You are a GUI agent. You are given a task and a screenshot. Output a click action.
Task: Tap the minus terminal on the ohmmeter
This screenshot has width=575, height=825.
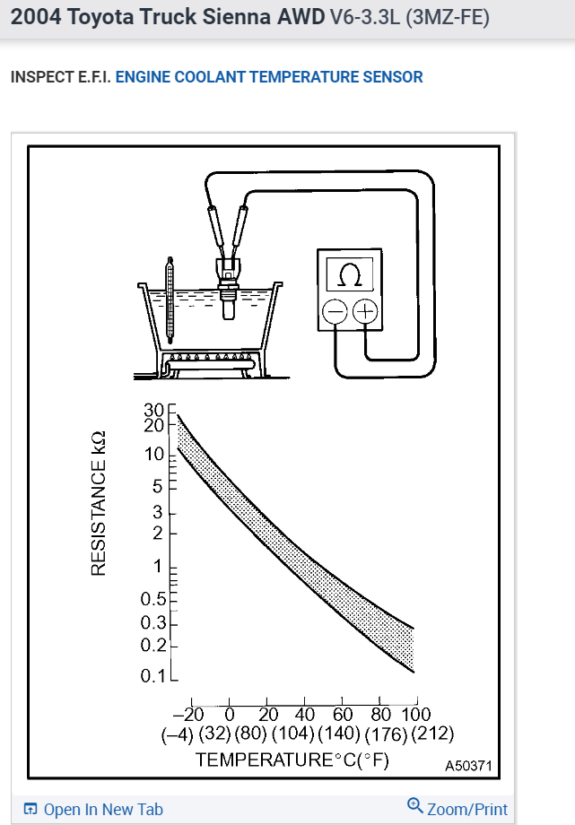coord(335,311)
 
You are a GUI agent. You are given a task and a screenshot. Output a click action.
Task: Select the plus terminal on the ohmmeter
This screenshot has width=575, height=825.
coord(365,311)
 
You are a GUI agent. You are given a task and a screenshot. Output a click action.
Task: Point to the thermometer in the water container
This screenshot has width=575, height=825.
coord(169,300)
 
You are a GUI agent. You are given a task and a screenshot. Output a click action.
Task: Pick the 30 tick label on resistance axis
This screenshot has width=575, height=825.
coord(155,411)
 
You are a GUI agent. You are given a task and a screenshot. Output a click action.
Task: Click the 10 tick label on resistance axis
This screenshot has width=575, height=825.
coord(155,454)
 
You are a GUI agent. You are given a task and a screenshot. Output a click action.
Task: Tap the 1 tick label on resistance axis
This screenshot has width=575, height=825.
coord(160,567)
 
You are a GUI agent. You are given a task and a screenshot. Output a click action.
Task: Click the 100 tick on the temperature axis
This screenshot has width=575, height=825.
coord(415,714)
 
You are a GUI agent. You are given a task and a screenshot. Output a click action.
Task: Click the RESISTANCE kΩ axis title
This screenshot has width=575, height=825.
coord(100,502)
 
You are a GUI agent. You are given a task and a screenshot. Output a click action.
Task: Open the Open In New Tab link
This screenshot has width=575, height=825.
coord(93,809)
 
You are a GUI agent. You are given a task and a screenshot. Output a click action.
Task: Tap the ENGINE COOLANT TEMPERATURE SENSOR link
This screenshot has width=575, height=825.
coord(269,76)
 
